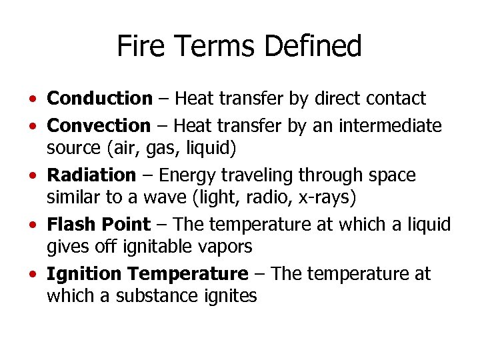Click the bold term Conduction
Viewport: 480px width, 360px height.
point(100,99)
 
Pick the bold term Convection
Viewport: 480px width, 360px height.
point(99,125)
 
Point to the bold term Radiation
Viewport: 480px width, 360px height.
point(91,175)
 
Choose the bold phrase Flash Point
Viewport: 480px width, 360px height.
point(99,225)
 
